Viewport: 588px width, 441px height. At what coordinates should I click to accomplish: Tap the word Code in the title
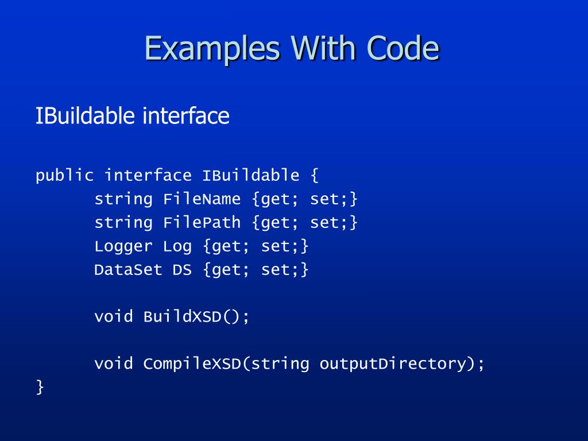[404, 48]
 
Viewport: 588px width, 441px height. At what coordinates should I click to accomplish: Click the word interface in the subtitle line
[186, 116]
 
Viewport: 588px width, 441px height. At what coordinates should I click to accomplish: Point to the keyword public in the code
[64, 175]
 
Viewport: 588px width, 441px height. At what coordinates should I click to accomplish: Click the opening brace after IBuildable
[314, 175]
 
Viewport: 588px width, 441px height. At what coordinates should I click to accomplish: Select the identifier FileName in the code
[202, 199]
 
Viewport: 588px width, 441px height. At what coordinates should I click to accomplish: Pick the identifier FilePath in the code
[202, 223]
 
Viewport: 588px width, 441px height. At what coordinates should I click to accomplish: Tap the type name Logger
[123, 246]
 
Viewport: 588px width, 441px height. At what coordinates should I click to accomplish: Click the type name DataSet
[128, 269]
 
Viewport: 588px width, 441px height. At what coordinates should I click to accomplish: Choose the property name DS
[182, 269]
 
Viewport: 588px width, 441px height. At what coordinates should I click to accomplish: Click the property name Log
[177, 246]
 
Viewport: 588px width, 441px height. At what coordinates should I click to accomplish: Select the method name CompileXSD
[192, 363]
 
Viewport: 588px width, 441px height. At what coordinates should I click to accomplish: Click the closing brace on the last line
[40, 387]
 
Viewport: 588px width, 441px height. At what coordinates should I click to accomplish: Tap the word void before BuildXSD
[113, 316]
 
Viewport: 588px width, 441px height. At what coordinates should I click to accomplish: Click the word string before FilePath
[123, 223]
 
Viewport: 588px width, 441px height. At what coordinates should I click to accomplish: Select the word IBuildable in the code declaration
[250, 175]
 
